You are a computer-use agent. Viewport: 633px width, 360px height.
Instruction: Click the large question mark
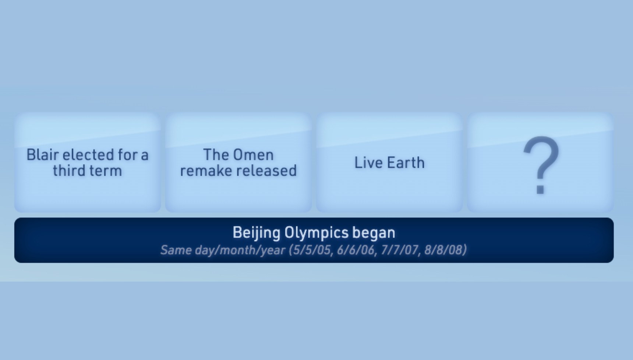541,164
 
